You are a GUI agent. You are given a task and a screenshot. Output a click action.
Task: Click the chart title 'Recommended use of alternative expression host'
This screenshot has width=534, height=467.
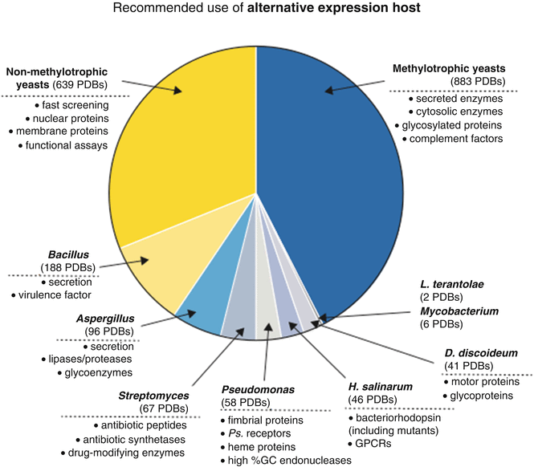267,12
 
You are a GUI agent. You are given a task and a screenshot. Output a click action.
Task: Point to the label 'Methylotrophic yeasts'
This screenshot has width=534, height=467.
455,70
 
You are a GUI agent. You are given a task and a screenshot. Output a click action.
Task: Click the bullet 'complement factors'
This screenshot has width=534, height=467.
457,139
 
